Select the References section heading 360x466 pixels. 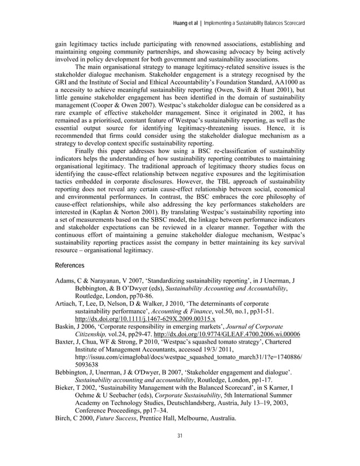(x=69, y=265)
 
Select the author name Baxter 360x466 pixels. (x=66, y=341)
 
